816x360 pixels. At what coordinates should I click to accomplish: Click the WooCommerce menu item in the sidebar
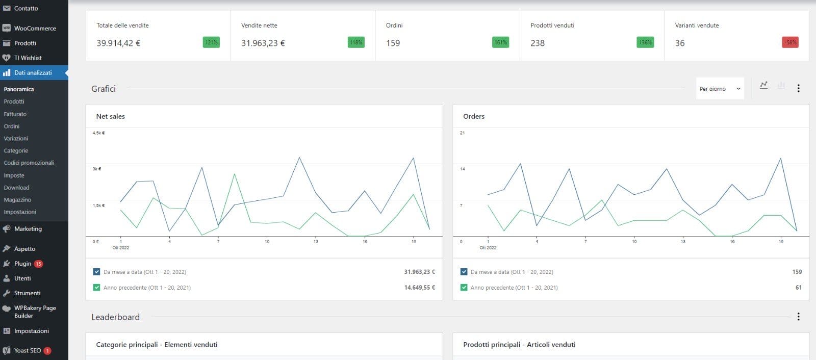click(35, 29)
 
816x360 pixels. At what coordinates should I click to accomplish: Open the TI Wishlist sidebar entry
click(28, 58)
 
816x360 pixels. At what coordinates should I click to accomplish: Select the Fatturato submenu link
click(15, 114)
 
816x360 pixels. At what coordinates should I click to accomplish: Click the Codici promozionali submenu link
click(29, 163)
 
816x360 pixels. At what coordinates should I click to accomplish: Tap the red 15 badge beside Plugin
click(38, 264)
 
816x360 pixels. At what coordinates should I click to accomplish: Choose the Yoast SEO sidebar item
click(27, 351)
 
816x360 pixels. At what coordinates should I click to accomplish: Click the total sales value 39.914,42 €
click(118, 43)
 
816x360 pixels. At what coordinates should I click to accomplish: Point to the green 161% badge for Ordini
click(500, 42)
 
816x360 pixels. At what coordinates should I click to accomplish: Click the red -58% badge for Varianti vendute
click(789, 42)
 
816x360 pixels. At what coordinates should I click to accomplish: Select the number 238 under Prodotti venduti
click(538, 43)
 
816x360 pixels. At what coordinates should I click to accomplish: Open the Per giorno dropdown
click(720, 89)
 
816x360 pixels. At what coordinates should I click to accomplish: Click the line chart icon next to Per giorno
click(763, 86)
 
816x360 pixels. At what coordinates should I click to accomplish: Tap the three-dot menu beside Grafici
click(798, 88)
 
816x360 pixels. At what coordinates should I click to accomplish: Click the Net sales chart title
click(111, 116)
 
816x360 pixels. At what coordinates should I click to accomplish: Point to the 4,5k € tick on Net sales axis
click(98, 133)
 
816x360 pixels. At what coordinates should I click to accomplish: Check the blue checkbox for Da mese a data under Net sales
click(97, 272)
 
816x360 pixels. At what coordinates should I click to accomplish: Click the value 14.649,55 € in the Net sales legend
click(419, 288)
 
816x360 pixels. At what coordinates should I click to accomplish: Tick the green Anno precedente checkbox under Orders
click(464, 288)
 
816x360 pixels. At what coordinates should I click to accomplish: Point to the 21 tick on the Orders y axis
click(462, 133)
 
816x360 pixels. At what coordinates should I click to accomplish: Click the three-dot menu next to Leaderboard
click(798, 317)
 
